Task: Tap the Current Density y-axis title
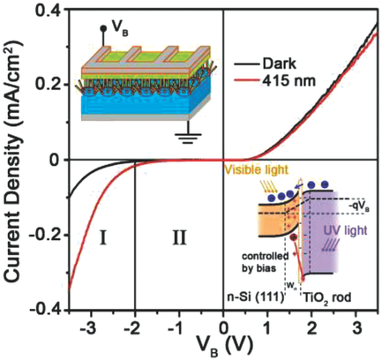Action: tap(13, 159)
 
